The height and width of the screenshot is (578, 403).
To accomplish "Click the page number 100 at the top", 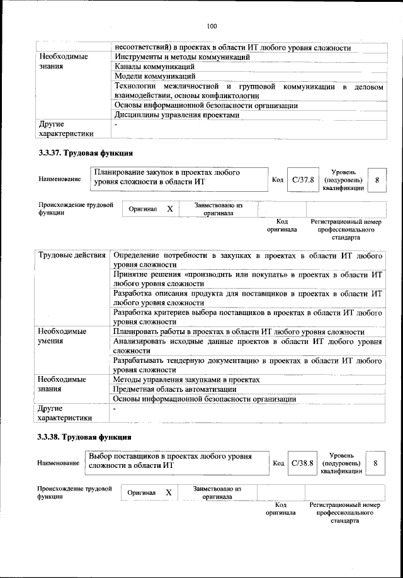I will [211, 26].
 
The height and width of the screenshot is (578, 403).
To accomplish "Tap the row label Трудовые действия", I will [72, 255].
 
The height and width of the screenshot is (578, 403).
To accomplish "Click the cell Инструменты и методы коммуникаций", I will [182, 57].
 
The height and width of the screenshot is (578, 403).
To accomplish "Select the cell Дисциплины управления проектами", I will [176, 115].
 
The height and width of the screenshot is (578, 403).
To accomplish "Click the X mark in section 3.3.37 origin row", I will [169, 209].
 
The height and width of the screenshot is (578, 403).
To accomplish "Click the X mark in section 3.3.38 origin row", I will [168, 492].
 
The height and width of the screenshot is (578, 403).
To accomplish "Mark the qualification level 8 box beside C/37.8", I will [377, 180].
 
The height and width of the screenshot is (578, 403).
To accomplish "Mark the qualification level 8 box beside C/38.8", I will [375, 463].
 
